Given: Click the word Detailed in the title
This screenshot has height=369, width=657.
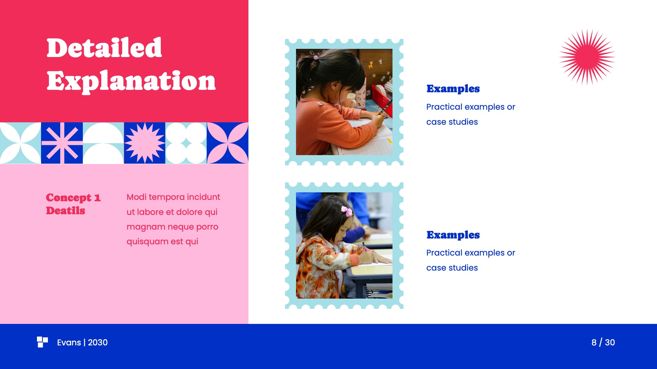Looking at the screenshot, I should [104, 48].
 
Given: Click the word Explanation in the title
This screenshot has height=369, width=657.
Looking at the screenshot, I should [131, 81].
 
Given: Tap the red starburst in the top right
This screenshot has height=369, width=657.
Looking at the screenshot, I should [587, 57].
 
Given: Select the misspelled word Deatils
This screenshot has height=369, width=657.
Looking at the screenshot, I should [65, 211].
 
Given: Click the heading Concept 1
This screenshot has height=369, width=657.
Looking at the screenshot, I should [73, 197].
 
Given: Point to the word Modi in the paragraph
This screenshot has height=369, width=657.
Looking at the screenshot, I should [136, 197].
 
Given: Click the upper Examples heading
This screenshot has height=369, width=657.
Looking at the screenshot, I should [453, 89].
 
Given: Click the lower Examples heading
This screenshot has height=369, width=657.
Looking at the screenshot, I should [453, 235].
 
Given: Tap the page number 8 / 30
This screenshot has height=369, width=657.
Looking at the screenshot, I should [603, 342].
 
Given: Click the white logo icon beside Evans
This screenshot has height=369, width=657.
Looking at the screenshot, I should [42, 342].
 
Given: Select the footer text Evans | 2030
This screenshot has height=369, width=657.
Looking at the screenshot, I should [82, 342].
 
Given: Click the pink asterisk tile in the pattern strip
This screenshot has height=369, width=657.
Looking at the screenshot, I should [62, 143].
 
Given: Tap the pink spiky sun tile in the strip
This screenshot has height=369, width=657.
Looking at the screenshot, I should [144, 143].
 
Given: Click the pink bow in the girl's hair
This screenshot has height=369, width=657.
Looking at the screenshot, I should [347, 211].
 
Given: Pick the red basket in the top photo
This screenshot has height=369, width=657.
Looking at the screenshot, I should [382, 99].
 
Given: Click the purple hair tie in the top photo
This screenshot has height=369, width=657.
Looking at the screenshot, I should [316, 57].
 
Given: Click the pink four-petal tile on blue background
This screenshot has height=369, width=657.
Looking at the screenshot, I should [228, 143].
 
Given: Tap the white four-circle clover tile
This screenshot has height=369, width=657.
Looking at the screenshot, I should [186, 143].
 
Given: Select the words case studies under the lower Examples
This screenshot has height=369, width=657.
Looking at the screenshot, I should [452, 268].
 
